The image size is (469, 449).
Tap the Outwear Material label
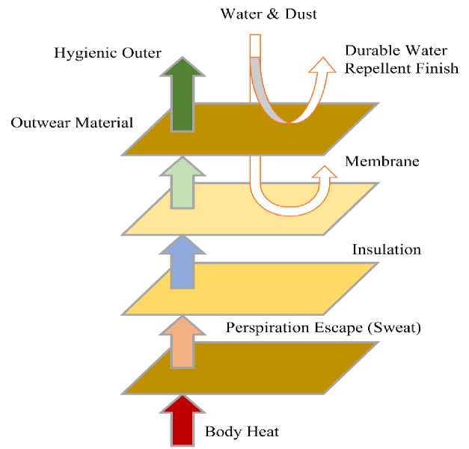pos(72,121)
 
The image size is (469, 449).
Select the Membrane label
pos(376,162)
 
